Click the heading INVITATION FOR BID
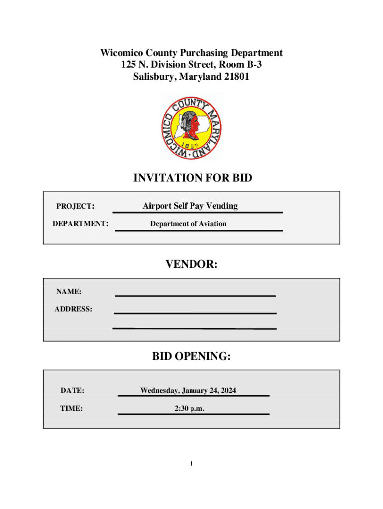click(x=191, y=178)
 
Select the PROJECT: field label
click(x=76, y=206)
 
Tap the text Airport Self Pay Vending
click(x=190, y=206)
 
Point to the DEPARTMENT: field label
click(x=81, y=224)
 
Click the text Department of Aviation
click(x=188, y=224)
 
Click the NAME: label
click(x=69, y=291)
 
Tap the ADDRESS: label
click(x=73, y=309)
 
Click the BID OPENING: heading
click(x=191, y=356)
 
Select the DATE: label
click(x=72, y=391)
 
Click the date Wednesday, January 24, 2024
click(x=188, y=391)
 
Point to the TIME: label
click(x=72, y=408)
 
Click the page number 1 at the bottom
click(x=191, y=464)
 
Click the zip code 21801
click(x=236, y=77)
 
